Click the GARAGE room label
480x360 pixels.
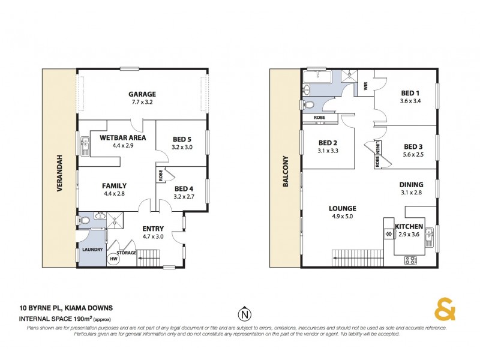pyautogui.click(x=142, y=94)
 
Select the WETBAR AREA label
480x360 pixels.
pyautogui.click(x=121, y=137)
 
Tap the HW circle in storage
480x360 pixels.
pyautogui.click(x=113, y=259)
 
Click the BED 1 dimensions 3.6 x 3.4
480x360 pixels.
pyautogui.click(x=410, y=101)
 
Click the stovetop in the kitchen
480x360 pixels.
pyautogui.click(x=411, y=260)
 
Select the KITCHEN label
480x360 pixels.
pyautogui.click(x=409, y=226)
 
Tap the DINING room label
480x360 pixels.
pyautogui.click(x=411, y=185)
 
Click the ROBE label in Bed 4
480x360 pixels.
pyautogui.click(x=161, y=176)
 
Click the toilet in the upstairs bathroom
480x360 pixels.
pyautogui.click(x=308, y=106)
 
